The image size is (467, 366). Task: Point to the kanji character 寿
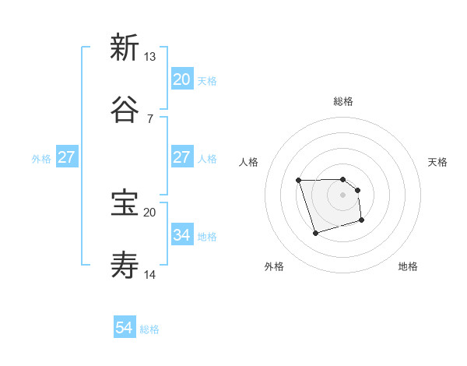point(125,266)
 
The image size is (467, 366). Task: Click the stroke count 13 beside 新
point(149,56)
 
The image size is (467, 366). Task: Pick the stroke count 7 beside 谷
point(149,119)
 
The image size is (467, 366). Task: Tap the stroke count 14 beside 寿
point(149,275)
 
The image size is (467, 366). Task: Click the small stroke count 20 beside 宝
point(149,212)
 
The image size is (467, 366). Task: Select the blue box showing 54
point(125,328)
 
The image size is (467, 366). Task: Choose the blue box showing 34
point(181,235)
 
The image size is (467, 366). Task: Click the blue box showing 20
point(181,79)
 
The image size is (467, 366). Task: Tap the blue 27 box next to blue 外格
point(66,157)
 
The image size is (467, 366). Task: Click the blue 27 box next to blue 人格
point(181,157)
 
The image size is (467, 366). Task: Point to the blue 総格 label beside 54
point(149,329)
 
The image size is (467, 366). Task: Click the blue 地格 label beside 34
point(207,237)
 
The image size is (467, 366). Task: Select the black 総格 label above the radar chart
point(343,101)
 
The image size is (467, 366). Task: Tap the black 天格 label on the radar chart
point(438,162)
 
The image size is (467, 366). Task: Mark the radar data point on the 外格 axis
point(315,233)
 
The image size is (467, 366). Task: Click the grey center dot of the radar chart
point(343,195)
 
